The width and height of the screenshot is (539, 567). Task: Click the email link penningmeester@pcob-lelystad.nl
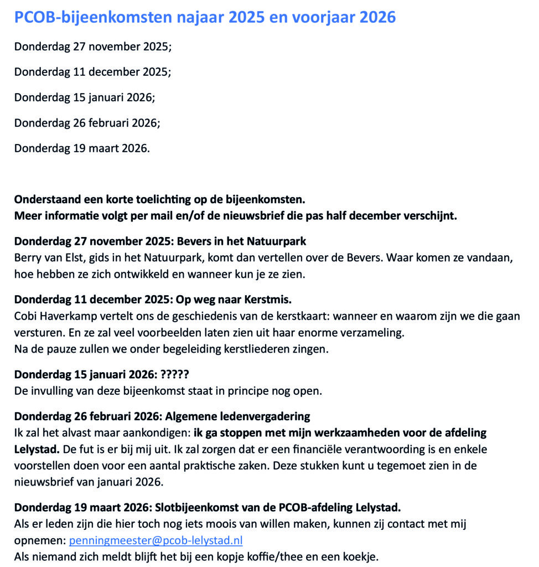tap(156, 540)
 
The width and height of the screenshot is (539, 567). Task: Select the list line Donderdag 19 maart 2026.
tap(82, 148)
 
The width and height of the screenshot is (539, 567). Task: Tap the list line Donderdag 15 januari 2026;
tap(85, 97)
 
